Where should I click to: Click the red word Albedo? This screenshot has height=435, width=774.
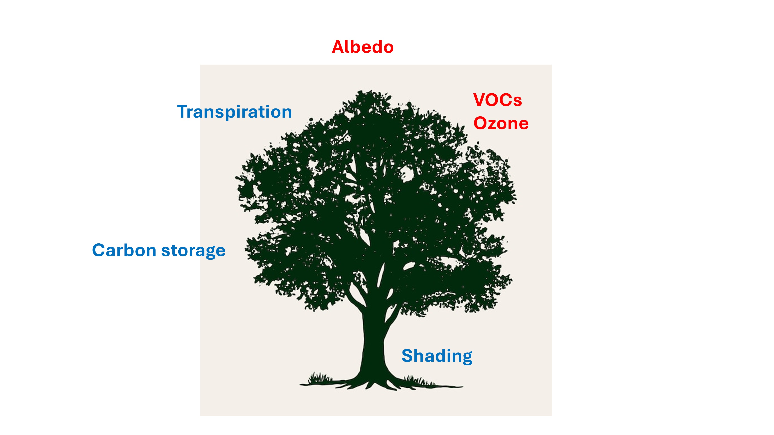pos(363,47)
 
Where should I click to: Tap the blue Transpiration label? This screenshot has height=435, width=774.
pos(234,112)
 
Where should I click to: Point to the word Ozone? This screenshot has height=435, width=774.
pos(501,123)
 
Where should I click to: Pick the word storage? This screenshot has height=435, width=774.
pos(193,251)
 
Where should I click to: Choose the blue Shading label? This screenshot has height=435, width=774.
pos(437,356)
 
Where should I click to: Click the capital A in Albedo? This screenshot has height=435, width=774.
pos(338,47)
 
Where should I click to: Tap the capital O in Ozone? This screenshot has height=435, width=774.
pos(480,123)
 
